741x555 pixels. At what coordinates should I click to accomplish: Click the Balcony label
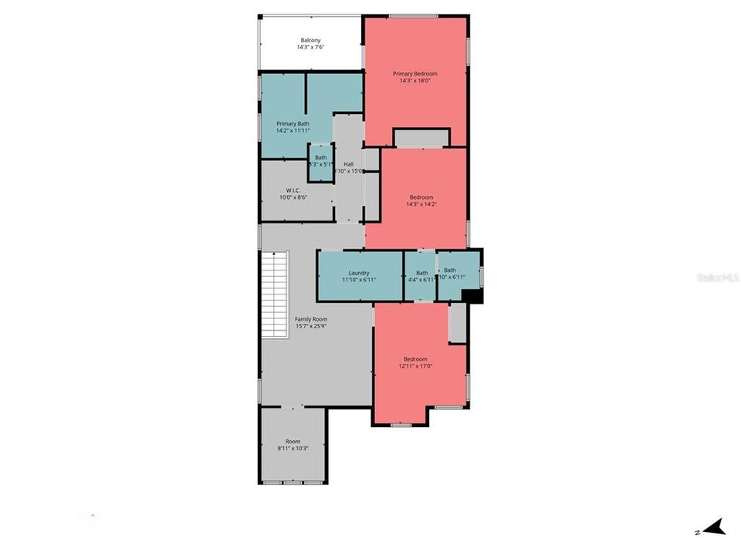[x=310, y=40]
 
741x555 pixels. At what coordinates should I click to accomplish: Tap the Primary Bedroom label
[x=415, y=73]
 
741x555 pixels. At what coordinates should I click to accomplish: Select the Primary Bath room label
[x=293, y=124]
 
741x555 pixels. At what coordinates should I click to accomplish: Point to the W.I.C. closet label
[x=293, y=190]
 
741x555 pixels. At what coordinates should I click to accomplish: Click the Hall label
[x=349, y=164]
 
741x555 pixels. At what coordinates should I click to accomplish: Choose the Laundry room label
[x=359, y=273]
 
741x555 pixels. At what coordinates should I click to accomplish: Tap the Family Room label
[x=311, y=319]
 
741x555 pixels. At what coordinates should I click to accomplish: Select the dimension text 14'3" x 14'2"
[x=421, y=204]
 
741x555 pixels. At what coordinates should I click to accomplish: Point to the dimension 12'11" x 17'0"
[x=415, y=366]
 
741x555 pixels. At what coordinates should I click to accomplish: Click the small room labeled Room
[x=293, y=442]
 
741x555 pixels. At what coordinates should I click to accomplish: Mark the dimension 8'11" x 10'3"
[x=293, y=449]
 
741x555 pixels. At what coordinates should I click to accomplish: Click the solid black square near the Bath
[x=472, y=296]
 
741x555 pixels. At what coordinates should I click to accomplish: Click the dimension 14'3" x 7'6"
[x=310, y=48]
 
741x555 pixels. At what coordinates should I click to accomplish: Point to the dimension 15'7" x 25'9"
[x=311, y=326]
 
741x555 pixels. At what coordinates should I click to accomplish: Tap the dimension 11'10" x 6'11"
[x=359, y=280]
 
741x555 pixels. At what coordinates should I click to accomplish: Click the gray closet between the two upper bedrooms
[x=421, y=139]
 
